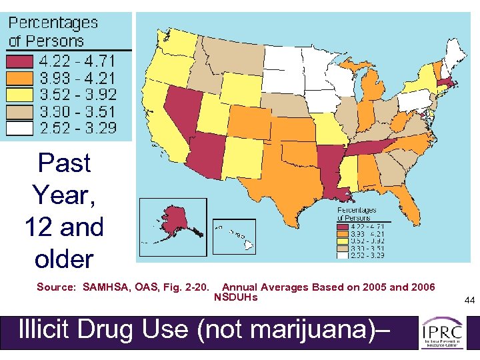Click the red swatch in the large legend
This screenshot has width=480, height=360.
point(20,61)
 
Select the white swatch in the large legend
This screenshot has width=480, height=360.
point(20,127)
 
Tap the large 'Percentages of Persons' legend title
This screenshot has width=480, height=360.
point(53,31)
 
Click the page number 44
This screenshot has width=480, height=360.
point(469,301)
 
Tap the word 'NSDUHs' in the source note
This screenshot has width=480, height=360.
point(235,297)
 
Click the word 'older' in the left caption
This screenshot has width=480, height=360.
point(64,259)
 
